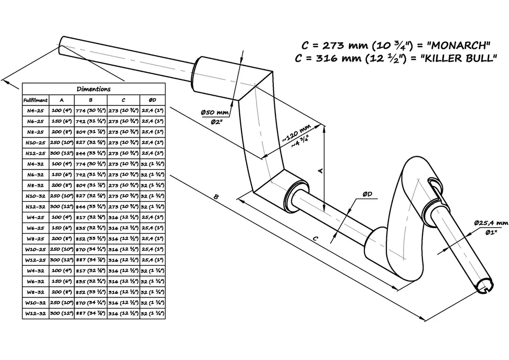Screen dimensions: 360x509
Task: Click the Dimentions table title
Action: tap(93, 89)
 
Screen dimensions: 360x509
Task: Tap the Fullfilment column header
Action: tap(36, 100)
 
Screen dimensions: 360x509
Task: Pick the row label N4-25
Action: tap(36, 110)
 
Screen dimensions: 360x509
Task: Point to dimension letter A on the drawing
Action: tap(320, 172)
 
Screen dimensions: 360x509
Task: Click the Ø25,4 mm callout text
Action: tap(491, 223)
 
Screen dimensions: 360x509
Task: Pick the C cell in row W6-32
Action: tap(123, 282)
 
